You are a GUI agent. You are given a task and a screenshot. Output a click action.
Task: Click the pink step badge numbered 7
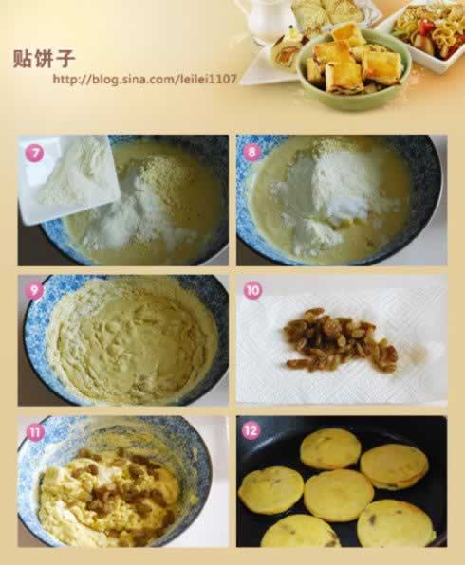point(34,154)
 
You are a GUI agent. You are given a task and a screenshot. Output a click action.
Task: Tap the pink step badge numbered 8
point(252,152)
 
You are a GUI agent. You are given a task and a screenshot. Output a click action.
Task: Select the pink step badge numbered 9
point(34,290)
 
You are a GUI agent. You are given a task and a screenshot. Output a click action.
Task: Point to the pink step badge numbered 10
point(252,290)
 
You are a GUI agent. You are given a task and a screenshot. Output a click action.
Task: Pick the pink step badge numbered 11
point(34,432)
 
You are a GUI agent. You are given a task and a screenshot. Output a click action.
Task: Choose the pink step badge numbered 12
point(251,430)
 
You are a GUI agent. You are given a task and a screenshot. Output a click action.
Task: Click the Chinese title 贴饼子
point(44,59)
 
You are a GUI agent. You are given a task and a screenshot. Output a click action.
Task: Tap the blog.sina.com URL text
point(144,79)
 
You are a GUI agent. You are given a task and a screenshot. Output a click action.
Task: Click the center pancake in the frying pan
point(339,496)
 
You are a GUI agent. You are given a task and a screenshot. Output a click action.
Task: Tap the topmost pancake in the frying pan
point(330,449)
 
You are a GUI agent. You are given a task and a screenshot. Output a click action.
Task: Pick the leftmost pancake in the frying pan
point(271,490)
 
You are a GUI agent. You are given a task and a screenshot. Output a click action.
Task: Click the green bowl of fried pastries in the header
point(354,68)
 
